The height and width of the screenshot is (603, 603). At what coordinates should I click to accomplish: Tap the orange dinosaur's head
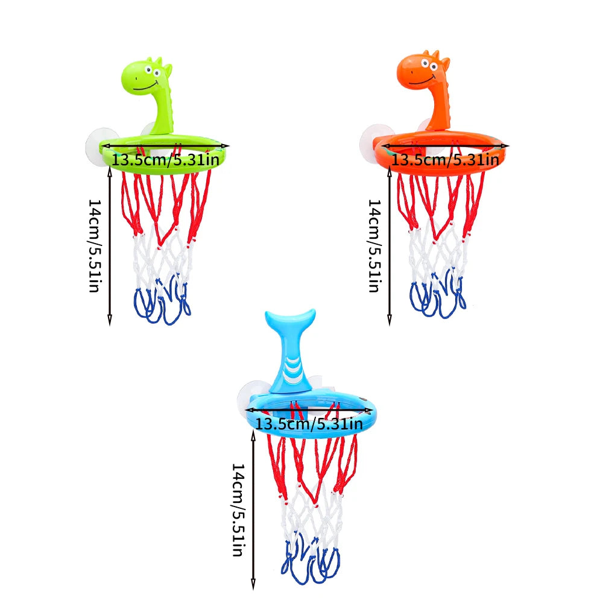[x=425, y=69]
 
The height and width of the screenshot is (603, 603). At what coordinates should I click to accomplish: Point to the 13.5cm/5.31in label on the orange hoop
[x=446, y=160]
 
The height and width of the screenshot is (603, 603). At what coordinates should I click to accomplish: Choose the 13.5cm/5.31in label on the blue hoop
[x=309, y=423]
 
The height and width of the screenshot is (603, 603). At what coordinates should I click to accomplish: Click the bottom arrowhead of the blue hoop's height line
[x=253, y=584]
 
